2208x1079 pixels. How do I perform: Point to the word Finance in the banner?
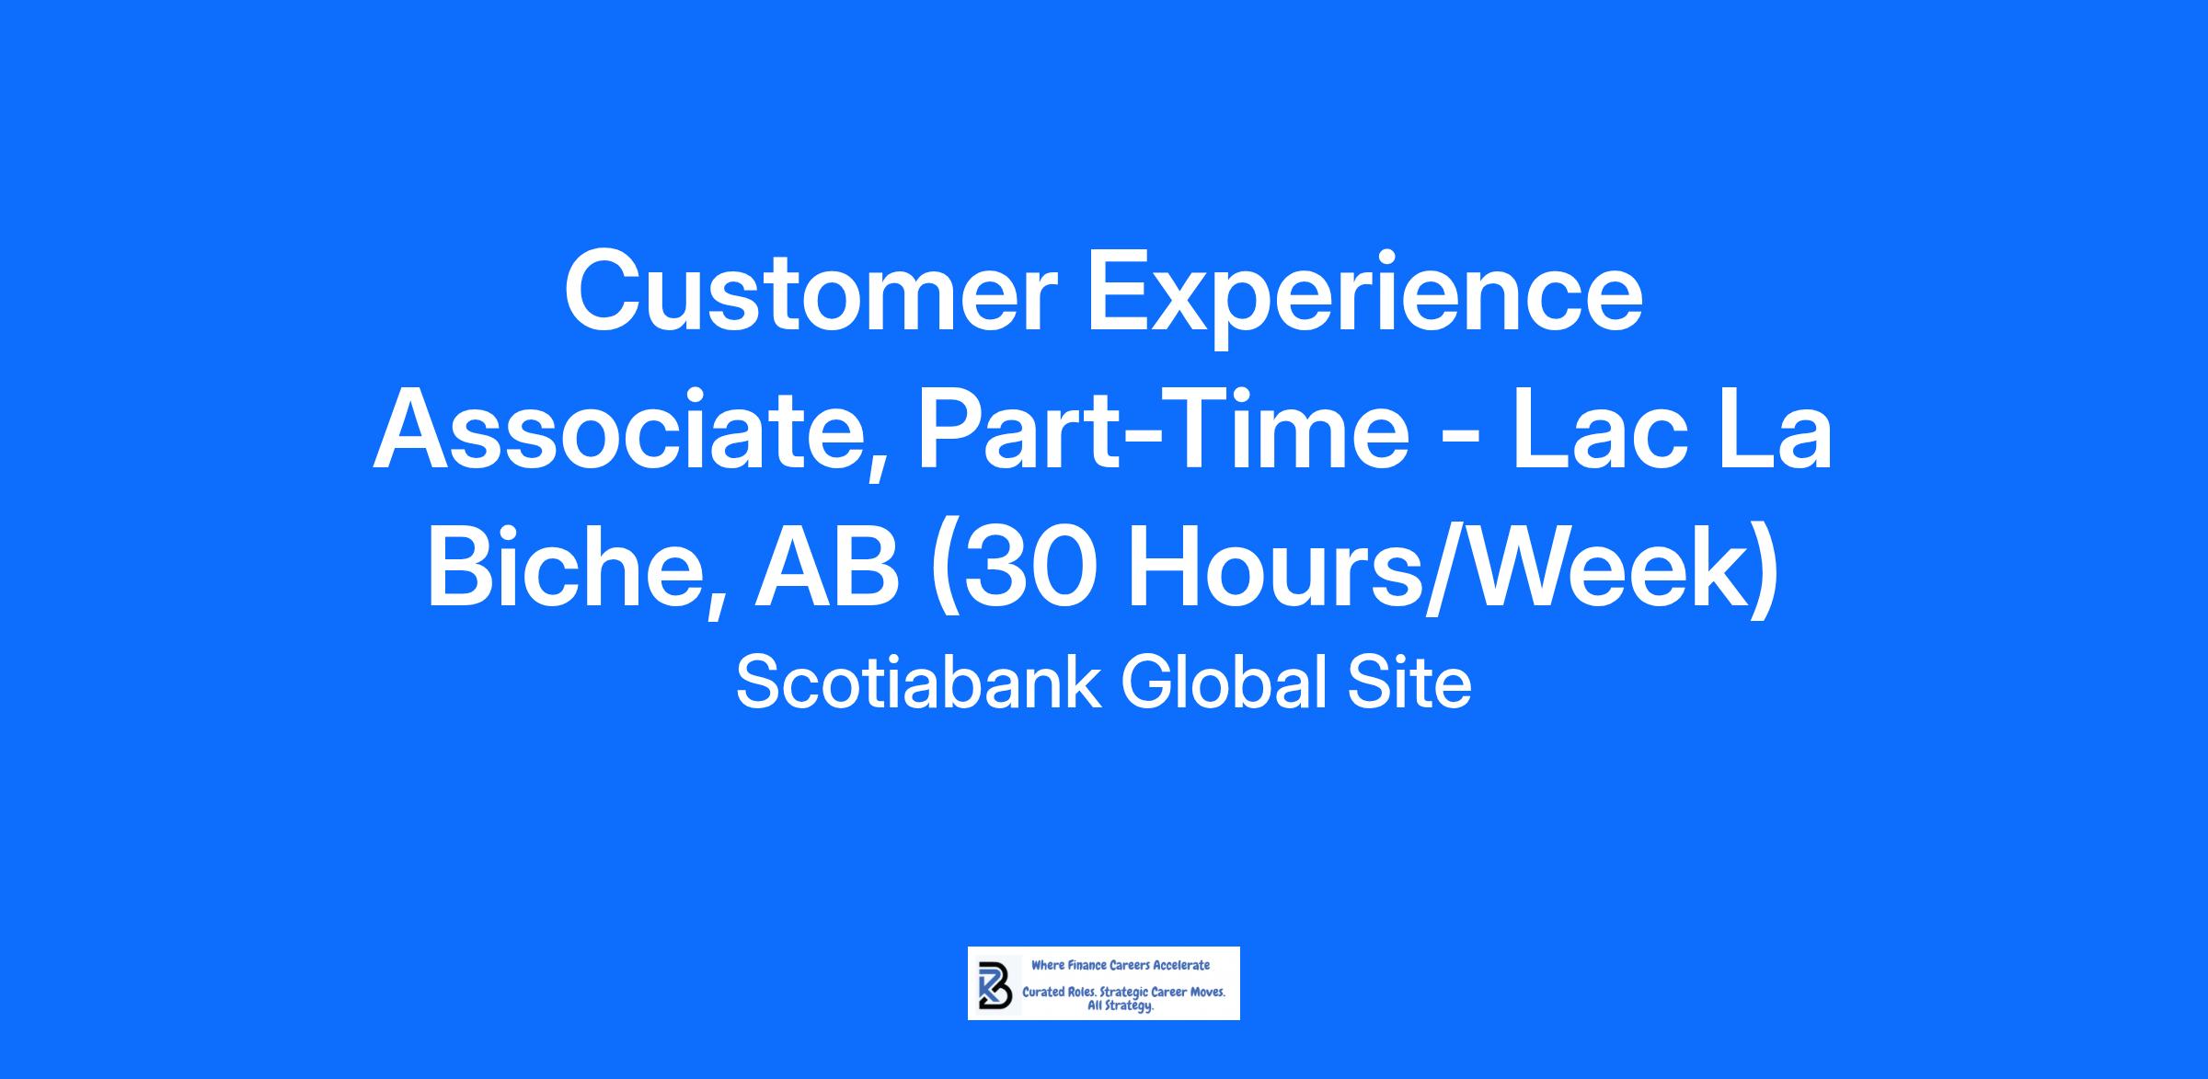click(x=1086, y=966)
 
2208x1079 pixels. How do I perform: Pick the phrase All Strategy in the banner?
click(x=1120, y=1006)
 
